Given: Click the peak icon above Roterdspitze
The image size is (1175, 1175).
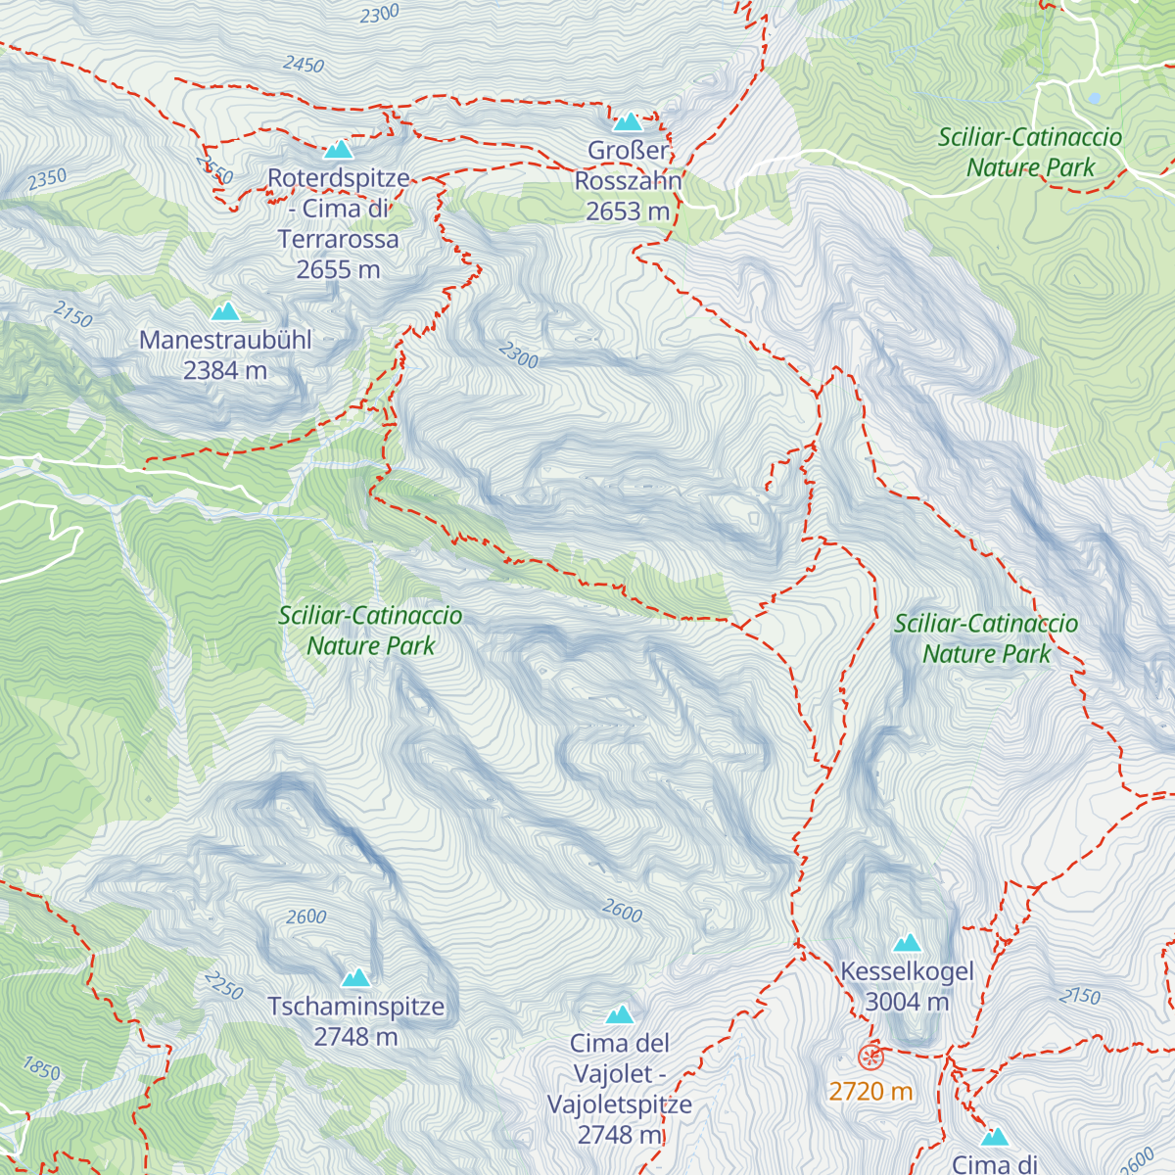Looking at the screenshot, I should click(338, 150).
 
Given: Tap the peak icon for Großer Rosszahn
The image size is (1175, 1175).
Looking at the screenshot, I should click(628, 122).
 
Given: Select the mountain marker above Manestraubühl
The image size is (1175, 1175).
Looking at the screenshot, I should click(225, 312).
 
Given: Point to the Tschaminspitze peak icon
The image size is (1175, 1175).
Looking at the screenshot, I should click(355, 977).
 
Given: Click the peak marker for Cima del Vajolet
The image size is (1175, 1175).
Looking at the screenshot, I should click(619, 1014).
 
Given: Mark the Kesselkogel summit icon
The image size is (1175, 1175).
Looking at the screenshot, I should click(907, 943).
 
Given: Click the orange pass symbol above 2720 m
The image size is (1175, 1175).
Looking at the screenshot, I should click(870, 1057).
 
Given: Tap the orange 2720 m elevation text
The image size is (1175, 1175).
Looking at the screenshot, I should click(870, 1091).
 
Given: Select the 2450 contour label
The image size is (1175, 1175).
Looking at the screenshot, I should click(304, 65).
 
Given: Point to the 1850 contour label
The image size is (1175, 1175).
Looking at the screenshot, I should click(41, 1067).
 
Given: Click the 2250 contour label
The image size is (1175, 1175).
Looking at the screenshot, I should click(223, 985).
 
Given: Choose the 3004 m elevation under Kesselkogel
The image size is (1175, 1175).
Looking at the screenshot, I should click(907, 1002).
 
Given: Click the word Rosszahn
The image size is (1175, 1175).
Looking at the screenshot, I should click(628, 181).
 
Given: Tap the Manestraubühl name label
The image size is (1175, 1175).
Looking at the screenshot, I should click(225, 341).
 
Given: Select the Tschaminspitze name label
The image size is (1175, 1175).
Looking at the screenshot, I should click(355, 1007).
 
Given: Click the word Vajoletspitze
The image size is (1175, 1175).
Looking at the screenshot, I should click(619, 1104).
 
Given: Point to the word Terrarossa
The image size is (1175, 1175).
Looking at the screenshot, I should click(338, 240).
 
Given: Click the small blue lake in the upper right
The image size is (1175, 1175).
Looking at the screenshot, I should click(1093, 98).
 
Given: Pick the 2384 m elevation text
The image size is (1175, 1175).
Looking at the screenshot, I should click(225, 371).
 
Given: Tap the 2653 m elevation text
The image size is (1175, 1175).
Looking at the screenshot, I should click(628, 211).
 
